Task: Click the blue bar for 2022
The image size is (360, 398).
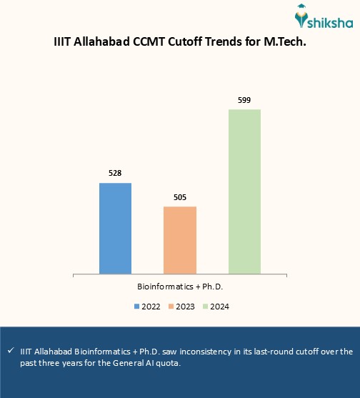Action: [115, 228]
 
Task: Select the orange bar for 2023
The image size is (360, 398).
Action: [180, 239]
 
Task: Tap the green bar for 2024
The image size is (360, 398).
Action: [244, 191]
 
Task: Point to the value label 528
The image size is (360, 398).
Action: [115, 173]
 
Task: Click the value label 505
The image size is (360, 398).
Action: [180, 196]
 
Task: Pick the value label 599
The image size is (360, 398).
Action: [244, 100]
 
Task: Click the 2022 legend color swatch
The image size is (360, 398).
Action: [136, 307]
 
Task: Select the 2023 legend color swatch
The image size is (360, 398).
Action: [171, 307]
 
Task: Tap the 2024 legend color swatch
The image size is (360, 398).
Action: [206, 307]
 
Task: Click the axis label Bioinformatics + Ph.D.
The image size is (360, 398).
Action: [180, 286]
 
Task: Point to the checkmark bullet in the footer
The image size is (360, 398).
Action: [10, 352]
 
